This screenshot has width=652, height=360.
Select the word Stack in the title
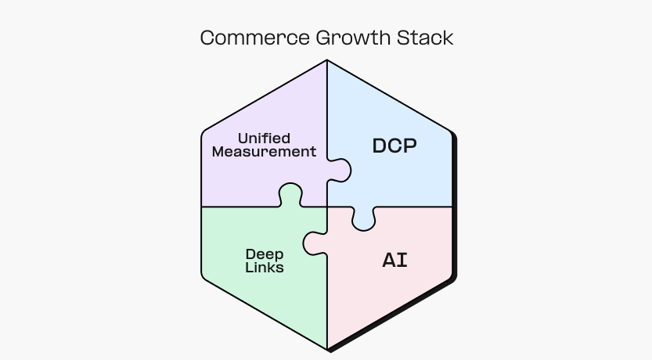click(428, 38)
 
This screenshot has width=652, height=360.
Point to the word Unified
click(264, 139)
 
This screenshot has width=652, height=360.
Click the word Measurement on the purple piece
click(264, 152)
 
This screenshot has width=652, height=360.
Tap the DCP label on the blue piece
click(394, 146)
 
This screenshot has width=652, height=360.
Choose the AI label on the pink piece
click(394, 261)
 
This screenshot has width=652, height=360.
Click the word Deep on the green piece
click(265, 254)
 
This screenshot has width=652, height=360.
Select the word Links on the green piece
click(265, 268)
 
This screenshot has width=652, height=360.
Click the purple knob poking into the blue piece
click(340, 170)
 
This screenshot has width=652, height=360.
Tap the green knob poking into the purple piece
click(290, 194)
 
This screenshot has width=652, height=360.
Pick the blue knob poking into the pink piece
click(363, 219)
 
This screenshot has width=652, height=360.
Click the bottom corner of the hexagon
click(327, 349)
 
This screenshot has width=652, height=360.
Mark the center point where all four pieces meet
click(327, 207)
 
